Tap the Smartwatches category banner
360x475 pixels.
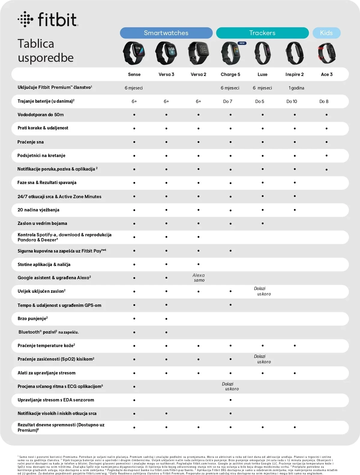[x=166, y=33]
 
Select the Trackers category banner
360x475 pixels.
[x=262, y=33]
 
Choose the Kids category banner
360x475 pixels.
[x=326, y=33]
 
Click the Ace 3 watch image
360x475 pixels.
[x=327, y=53]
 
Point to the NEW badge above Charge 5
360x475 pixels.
[x=242, y=43]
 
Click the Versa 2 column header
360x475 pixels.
[x=198, y=74]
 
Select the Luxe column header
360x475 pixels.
[x=262, y=74]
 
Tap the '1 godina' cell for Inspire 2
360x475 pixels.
[x=296, y=88]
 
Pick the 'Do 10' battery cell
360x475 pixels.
[x=292, y=101]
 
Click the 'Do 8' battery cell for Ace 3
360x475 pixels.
[x=324, y=101]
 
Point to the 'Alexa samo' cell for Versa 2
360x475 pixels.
[x=199, y=278]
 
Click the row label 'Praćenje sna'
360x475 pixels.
[x=31, y=142]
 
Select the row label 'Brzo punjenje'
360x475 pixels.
[x=32, y=319]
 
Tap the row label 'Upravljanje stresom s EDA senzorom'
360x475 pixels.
[x=56, y=400]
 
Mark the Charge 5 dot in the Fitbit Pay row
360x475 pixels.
[x=230, y=251]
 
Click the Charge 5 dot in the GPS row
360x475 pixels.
[x=230, y=305]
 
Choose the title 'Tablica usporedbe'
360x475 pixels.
[x=45, y=51]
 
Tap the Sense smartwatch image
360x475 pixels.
[x=134, y=53]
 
